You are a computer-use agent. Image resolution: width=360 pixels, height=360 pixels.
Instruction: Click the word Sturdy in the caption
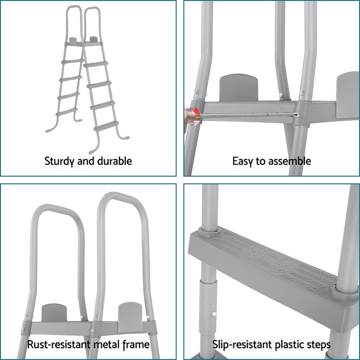pyautogui.click(x=60, y=161)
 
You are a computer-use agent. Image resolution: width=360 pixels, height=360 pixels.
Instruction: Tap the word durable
pyautogui.click(x=113, y=161)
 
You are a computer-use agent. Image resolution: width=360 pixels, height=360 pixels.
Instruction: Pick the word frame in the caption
pyautogui.click(x=136, y=345)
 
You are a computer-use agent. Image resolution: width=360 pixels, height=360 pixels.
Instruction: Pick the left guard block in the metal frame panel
pyautogui.click(x=54, y=313)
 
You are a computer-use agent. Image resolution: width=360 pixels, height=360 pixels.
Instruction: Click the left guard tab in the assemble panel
pyautogui.click(x=238, y=87)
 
